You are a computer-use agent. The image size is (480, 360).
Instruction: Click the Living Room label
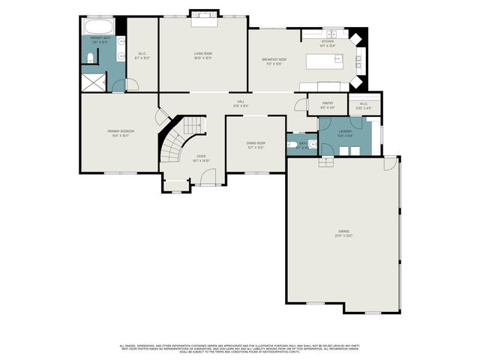(x=203, y=55)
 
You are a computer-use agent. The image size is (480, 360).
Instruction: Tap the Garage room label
(x=343, y=233)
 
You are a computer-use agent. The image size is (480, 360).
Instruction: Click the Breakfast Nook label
(x=276, y=61)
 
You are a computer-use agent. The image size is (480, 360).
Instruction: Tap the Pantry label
(x=327, y=106)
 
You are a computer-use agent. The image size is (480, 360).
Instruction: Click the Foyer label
(x=201, y=158)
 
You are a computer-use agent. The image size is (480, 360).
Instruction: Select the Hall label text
(x=241, y=104)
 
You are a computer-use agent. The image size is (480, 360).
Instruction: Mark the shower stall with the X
(x=93, y=81)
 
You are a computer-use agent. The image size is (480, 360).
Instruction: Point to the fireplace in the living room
(x=203, y=16)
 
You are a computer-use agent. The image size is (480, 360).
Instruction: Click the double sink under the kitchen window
(x=328, y=34)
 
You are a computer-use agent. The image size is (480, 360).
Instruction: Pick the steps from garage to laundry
(x=325, y=160)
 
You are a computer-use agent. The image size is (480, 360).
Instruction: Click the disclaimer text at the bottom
(x=240, y=348)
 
